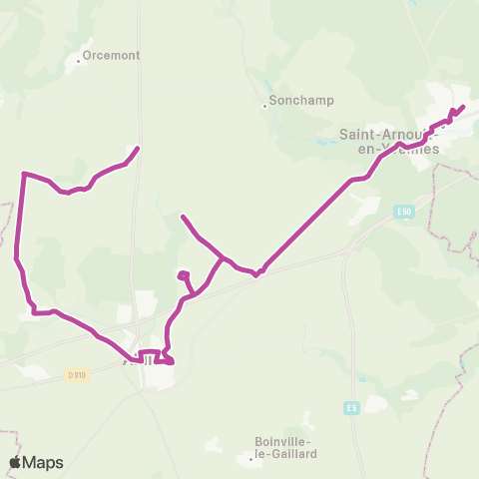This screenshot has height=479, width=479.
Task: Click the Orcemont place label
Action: click(x=111, y=56)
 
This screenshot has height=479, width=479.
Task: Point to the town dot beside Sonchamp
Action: click(x=264, y=105)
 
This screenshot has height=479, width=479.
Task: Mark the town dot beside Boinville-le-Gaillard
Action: click(x=250, y=458)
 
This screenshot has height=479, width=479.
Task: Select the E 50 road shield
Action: click(x=403, y=212)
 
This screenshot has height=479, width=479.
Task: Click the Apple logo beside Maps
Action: click(x=16, y=462)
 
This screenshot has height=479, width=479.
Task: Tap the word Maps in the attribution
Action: click(x=43, y=462)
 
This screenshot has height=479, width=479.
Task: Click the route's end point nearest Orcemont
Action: click(x=137, y=149)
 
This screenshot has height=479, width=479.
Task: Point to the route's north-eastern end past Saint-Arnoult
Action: click(x=463, y=107)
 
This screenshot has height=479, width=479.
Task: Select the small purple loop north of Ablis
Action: click(x=183, y=275)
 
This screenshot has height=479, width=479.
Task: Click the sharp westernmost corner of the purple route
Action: click(x=23, y=174)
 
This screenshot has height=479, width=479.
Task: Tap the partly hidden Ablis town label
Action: click(x=139, y=360)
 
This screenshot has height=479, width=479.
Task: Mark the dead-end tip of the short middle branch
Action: click(x=182, y=216)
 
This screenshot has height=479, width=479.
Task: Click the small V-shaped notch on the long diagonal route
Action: click(x=257, y=273)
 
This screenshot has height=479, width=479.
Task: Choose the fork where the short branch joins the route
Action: click(x=222, y=257)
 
